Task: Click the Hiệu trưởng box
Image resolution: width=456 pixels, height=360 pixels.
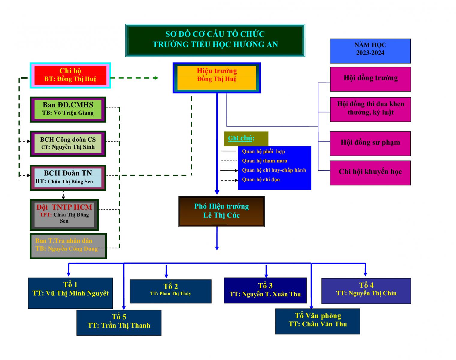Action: click(x=217, y=78)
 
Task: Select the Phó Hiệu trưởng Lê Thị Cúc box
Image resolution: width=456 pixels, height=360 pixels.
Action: click(x=221, y=211)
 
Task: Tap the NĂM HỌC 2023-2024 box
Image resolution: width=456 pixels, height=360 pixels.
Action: click(x=370, y=51)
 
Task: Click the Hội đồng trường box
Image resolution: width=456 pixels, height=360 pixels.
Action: click(x=370, y=79)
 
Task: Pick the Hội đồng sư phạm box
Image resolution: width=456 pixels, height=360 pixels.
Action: click(x=370, y=143)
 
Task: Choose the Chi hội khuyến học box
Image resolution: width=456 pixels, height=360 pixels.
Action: click(x=370, y=172)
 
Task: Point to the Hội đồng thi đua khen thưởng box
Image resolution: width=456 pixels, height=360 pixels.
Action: click(x=370, y=109)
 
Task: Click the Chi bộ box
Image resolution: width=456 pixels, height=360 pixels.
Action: click(x=70, y=75)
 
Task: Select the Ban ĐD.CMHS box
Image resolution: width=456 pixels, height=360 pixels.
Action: click(x=68, y=109)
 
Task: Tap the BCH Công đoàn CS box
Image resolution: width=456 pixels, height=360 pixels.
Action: click(x=68, y=143)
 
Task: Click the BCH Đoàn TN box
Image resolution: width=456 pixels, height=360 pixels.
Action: click(x=68, y=177)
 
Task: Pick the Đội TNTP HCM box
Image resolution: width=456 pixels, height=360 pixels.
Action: click(x=64, y=214)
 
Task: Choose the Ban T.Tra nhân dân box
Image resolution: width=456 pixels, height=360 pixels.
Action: click(x=68, y=245)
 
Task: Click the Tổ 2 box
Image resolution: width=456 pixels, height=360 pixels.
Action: click(x=170, y=291)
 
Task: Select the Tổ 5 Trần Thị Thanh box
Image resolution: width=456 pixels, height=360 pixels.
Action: click(x=119, y=322)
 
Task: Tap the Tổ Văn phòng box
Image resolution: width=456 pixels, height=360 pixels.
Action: click(x=317, y=321)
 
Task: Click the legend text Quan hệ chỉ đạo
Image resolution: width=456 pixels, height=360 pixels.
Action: click(x=261, y=180)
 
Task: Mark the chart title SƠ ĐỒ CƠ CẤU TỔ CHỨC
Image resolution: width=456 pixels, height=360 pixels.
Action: click(x=215, y=34)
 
